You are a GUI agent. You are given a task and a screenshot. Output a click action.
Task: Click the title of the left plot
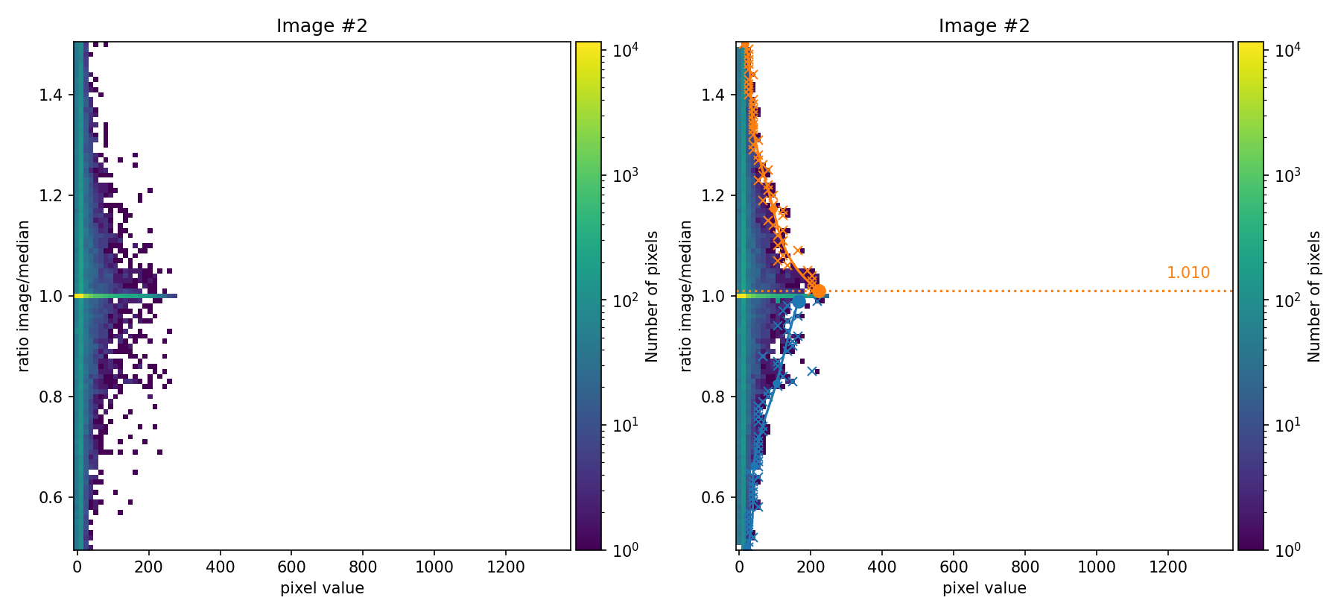[x=322, y=26]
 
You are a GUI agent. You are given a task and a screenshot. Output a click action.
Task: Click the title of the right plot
[x=984, y=26]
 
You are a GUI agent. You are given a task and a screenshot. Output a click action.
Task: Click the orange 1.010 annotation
[x=1188, y=273]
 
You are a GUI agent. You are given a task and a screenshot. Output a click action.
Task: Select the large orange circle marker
[x=819, y=291]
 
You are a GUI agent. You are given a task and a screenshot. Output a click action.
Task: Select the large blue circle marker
[x=799, y=301]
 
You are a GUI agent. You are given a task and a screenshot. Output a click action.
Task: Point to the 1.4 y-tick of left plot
[x=51, y=95]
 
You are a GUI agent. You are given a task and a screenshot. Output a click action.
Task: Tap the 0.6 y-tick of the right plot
[x=714, y=498]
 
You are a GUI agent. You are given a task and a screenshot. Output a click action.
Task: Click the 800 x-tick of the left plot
[x=363, y=567]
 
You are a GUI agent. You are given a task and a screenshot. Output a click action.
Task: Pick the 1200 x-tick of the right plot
[x=1167, y=567]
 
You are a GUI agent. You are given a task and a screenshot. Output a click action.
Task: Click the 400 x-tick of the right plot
[x=882, y=567]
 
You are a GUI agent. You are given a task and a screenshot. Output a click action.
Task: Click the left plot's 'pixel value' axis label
[x=322, y=588]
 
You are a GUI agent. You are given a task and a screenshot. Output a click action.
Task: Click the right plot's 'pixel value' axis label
[x=984, y=588]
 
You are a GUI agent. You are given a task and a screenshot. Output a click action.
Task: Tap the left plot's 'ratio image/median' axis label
[x=24, y=296]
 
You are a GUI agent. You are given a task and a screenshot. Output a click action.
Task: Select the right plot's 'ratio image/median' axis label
[x=686, y=296]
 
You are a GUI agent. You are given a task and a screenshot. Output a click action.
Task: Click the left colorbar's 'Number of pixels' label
[x=653, y=296]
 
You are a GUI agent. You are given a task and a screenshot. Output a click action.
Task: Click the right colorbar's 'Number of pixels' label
[x=1315, y=296]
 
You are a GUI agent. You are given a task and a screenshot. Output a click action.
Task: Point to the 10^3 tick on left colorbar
[x=624, y=176]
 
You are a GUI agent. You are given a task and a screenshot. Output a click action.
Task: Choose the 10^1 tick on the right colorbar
[x=1287, y=425]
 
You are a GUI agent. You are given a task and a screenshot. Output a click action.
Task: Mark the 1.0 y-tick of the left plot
[x=51, y=297]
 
